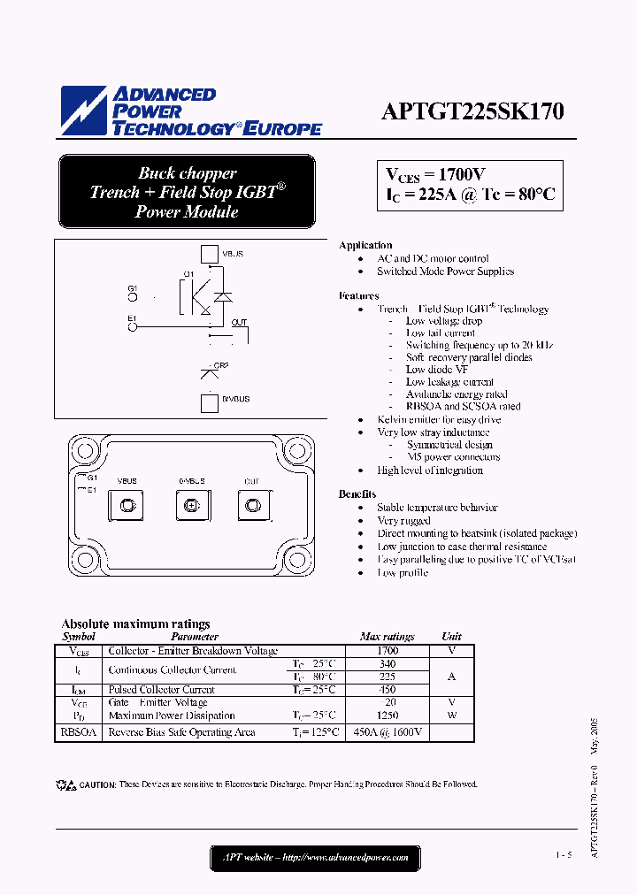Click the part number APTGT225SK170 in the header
472,111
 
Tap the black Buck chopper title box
187,192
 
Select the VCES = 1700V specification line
435,174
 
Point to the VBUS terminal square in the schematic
209,255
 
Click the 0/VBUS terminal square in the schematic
209,403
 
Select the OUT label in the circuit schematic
240,323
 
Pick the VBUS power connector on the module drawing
126,505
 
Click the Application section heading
365,245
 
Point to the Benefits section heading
357,494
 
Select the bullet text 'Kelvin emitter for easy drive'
439,419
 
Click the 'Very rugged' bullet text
404,521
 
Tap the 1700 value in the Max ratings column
388,650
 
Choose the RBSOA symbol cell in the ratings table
79,732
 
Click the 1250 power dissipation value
388,715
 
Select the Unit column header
451,636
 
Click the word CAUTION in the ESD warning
97,784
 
